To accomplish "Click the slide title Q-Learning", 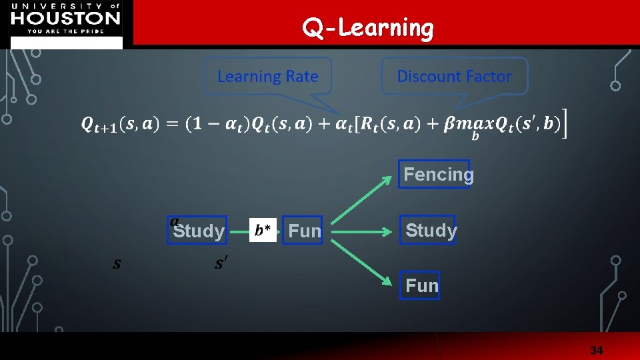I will click(367, 28).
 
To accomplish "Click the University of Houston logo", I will click(66, 21).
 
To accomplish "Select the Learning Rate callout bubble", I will click(268, 77).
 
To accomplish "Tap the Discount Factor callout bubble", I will click(454, 76).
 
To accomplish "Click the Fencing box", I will click(434, 174).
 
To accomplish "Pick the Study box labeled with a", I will click(197, 230).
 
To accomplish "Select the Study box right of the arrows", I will click(427, 230).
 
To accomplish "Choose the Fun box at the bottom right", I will click(420, 285).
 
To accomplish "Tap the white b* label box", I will click(263, 231).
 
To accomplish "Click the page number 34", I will click(596, 350).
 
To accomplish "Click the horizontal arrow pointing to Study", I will click(360, 231).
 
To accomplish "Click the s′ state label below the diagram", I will click(220, 263).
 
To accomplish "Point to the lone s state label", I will click(117, 264).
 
